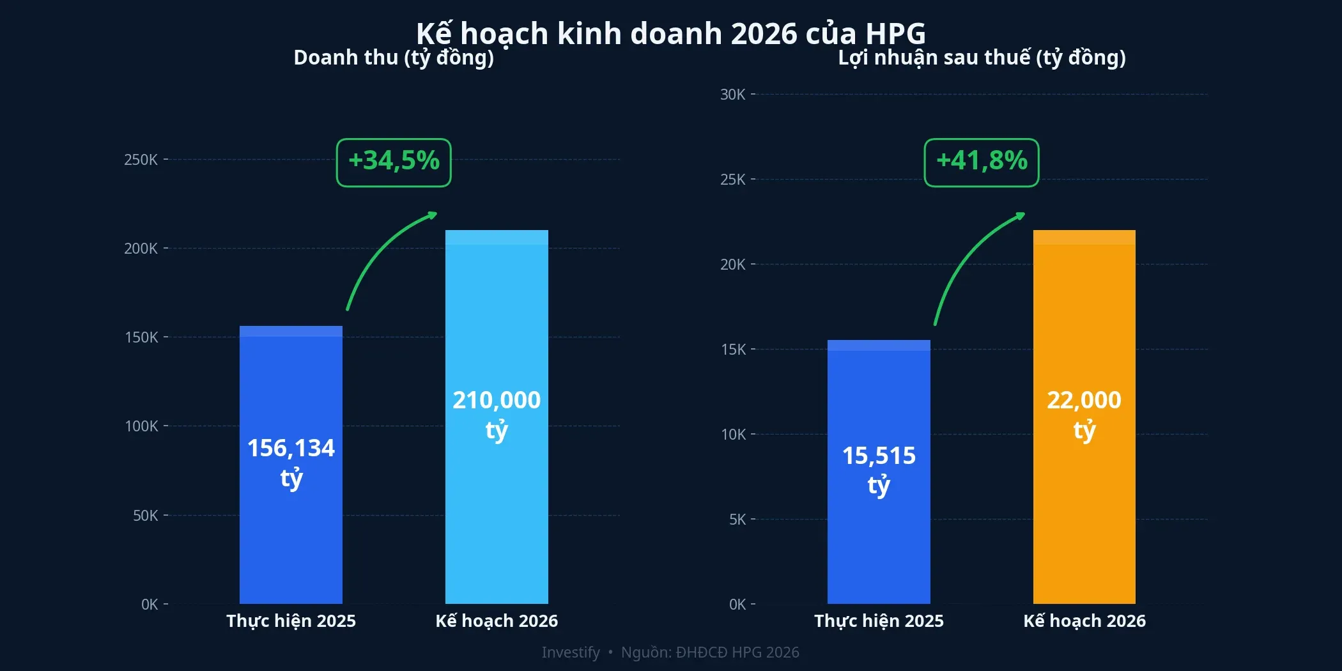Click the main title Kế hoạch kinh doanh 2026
click(x=670, y=33)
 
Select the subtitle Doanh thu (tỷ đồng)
click(x=394, y=58)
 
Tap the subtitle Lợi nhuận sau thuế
click(x=982, y=58)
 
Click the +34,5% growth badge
click(x=394, y=162)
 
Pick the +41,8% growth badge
click(x=982, y=162)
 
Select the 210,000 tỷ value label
click(x=497, y=414)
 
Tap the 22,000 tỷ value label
click(x=1084, y=414)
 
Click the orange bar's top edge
click(x=1084, y=231)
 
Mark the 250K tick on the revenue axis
click(x=141, y=160)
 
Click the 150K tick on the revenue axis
click(x=141, y=337)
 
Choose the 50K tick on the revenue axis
click(x=145, y=516)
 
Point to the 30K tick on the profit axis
click(x=732, y=95)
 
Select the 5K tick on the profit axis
click(x=737, y=520)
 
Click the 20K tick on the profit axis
click(x=732, y=265)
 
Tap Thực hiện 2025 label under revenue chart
click(x=291, y=621)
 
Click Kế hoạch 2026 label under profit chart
click(x=1084, y=621)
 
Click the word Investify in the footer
click(x=570, y=652)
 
